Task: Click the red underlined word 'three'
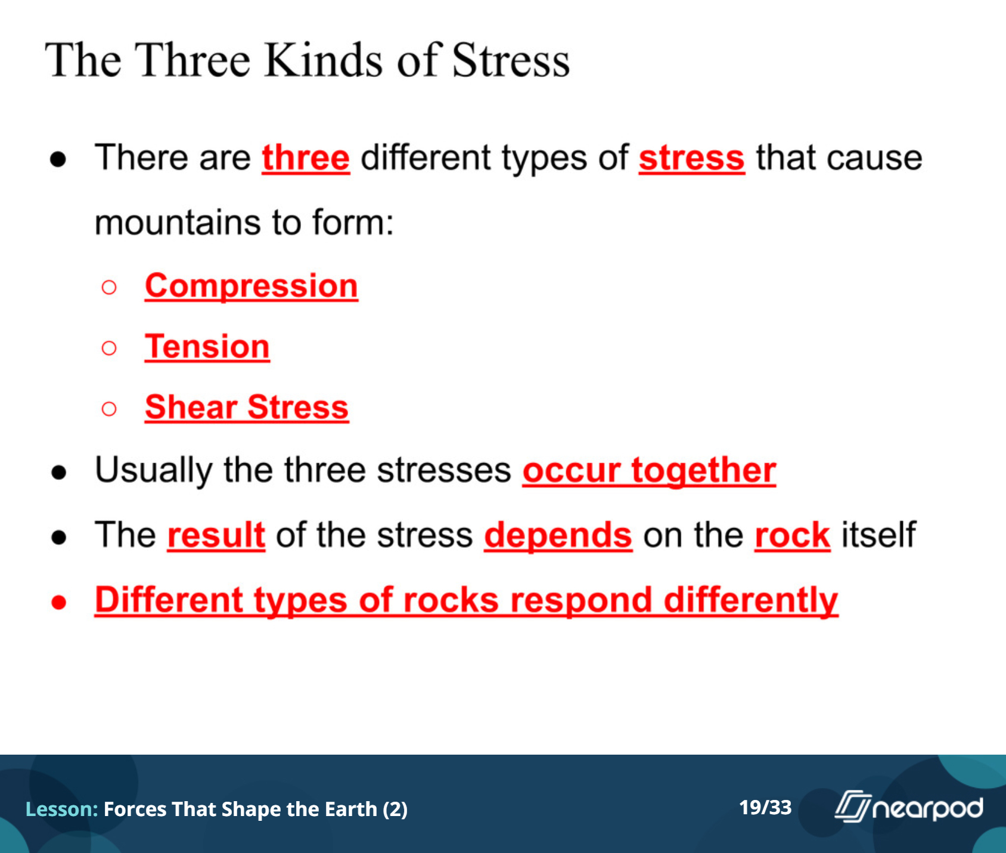[x=306, y=158]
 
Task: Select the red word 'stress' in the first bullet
[x=692, y=159]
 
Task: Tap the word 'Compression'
[x=251, y=286]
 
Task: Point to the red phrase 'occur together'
[x=650, y=471]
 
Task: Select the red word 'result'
[x=216, y=535]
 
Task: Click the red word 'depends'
[x=558, y=536]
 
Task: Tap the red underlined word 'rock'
[x=793, y=535]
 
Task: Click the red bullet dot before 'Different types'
[x=59, y=602]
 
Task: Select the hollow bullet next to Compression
[x=109, y=288]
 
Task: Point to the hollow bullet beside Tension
[x=109, y=348]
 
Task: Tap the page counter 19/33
[x=765, y=808]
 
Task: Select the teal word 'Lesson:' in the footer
[x=62, y=809]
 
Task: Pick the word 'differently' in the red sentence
[x=751, y=600]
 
